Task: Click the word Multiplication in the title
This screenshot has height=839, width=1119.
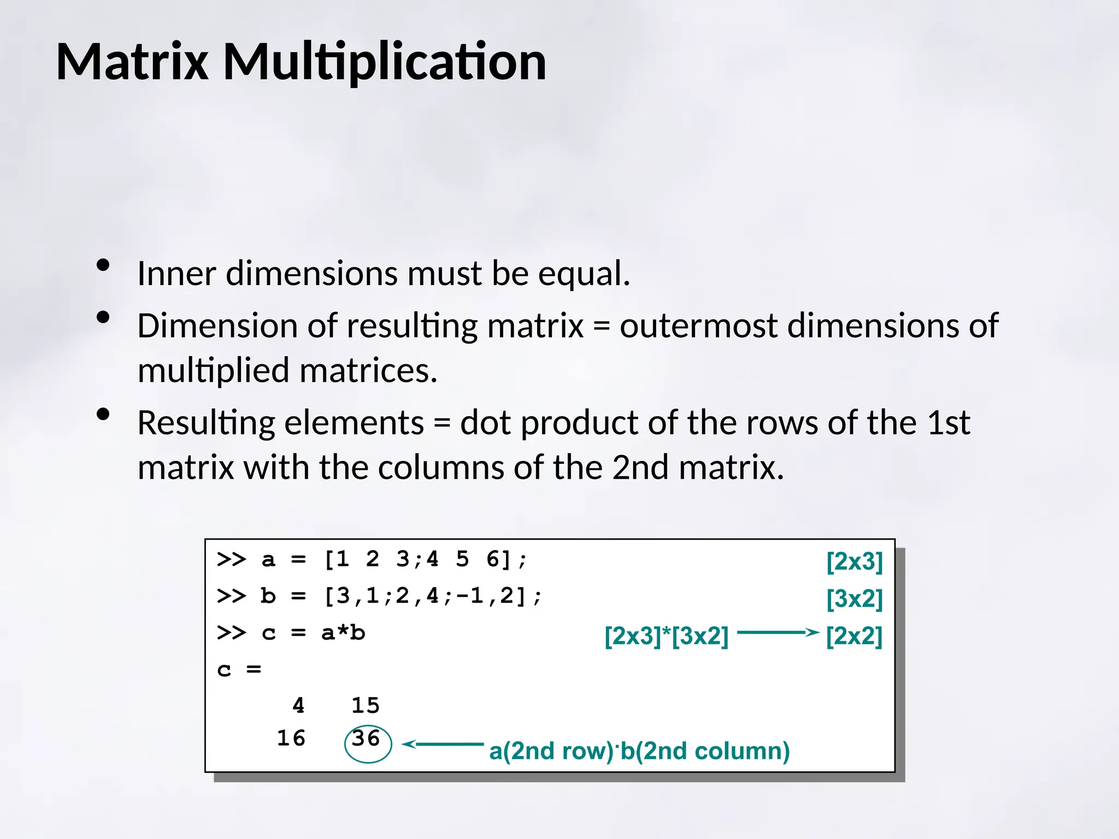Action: coord(385,63)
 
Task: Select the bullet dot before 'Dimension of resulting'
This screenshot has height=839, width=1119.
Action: coord(103,317)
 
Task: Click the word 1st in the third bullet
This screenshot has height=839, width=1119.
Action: coord(949,423)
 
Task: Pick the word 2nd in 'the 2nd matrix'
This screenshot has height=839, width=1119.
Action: coord(640,468)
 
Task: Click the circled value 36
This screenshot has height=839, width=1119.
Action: coord(366,739)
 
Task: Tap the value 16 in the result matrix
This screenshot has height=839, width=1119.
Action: coord(291,739)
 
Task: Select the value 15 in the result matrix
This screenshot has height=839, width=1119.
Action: coord(366,706)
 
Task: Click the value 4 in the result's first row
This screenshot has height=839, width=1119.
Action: coord(298,706)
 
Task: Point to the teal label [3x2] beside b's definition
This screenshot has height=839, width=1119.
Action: coord(855,599)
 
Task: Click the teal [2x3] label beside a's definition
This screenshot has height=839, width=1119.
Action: coord(855,562)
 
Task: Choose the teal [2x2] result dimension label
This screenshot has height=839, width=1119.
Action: coord(855,636)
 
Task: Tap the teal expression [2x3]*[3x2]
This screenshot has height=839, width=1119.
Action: coord(667,636)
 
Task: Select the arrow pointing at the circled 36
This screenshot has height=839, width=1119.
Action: coord(443,744)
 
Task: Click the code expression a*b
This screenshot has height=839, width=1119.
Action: coord(343,633)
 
